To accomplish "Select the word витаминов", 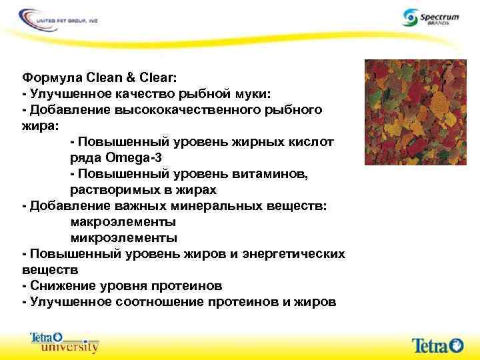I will tap(263, 174).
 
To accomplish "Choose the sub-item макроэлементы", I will tap(123, 222).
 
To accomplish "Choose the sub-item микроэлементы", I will tap(123, 238).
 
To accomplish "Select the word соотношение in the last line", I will tap(157, 302).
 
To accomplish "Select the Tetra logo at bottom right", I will tap(437, 345).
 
